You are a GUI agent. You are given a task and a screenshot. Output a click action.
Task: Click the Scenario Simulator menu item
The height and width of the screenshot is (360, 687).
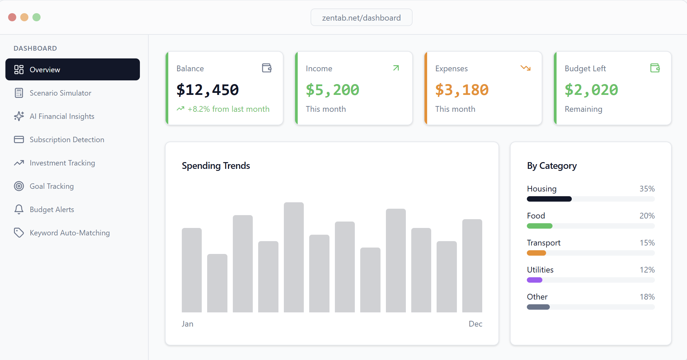[x=60, y=93]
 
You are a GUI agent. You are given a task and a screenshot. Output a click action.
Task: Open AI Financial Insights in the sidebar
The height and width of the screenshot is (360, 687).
[x=62, y=116]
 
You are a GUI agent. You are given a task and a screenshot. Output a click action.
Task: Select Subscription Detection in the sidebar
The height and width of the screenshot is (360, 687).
[x=67, y=139]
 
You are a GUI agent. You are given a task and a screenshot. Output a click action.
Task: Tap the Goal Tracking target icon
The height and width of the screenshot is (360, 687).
[x=19, y=186]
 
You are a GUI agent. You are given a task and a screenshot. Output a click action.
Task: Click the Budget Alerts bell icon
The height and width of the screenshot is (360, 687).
[x=19, y=209]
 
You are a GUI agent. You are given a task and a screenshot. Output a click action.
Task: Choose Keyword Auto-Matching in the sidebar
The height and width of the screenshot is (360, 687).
[x=70, y=233]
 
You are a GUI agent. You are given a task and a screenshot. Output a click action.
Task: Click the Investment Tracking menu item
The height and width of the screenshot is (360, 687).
[x=62, y=163]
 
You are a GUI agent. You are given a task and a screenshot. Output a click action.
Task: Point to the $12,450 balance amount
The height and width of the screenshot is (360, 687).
[x=207, y=90]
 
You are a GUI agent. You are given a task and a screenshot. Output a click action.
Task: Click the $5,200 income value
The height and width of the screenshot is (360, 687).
[x=332, y=90]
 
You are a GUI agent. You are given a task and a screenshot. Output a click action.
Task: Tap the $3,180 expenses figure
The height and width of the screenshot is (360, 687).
[x=462, y=90]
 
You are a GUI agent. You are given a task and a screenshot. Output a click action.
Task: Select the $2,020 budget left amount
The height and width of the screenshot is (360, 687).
[x=591, y=90]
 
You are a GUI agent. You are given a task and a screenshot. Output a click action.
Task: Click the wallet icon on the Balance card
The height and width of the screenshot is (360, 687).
[x=267, y=68]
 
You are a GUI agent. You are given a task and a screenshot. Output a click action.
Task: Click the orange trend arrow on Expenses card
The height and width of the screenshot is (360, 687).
[x=525, y=68]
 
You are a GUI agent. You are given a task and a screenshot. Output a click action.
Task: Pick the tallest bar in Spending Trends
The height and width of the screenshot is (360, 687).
[x=294, y=257]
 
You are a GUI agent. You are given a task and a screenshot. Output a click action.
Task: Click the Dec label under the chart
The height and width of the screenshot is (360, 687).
[x=475, y=324]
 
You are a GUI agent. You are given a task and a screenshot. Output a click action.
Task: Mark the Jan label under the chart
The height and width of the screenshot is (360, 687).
[x=188, y=324]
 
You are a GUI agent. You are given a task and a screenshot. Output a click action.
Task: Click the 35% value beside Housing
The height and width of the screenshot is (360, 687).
[x=647, y=189]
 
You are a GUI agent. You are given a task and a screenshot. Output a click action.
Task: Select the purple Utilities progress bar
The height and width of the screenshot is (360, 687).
[x=535, y=280]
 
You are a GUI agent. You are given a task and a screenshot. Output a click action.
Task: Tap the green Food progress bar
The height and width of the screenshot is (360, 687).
[x=540, y=226]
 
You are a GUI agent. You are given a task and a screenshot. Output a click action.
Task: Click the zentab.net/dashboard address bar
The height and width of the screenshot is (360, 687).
[x=361, y=18]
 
